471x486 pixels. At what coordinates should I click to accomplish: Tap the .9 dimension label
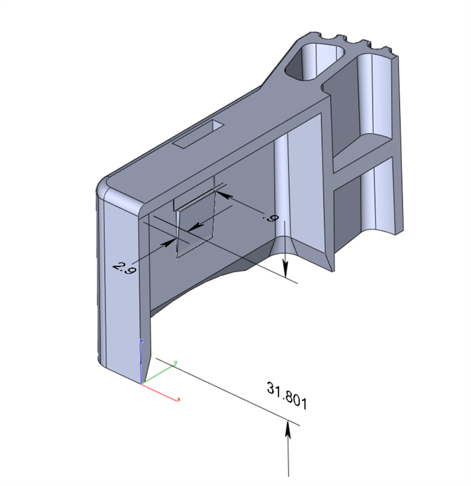[x=270, y=218]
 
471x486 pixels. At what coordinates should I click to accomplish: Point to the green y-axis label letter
[x=175, y=362]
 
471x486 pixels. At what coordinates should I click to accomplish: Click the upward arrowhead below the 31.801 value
[x=288, y=429]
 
